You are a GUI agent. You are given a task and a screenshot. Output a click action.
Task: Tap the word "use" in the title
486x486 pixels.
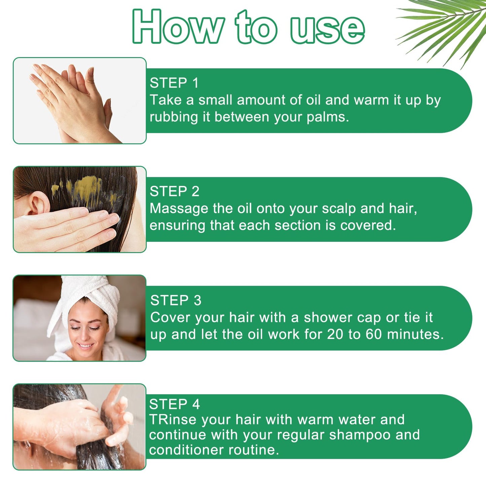point(327,30)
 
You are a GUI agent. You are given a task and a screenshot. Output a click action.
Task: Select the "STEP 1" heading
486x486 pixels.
point(174,83)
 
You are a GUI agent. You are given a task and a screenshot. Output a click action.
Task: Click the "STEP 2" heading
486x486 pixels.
point(175,191)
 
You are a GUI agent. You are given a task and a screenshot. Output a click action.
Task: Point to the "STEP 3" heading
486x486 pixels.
point(176,300)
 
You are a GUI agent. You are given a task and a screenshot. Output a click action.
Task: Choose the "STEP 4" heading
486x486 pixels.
point(174,404)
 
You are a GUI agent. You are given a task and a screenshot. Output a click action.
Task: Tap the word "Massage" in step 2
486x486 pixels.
point(179,209)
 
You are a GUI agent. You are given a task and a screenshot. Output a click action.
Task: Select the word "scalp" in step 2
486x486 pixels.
point(339,209)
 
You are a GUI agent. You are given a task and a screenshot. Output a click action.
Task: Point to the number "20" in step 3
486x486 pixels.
point(335,334)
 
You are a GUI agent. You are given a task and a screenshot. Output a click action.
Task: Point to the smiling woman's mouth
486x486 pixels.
point(85,345)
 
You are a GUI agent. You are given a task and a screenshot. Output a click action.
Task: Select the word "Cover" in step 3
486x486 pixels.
point(170,317)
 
